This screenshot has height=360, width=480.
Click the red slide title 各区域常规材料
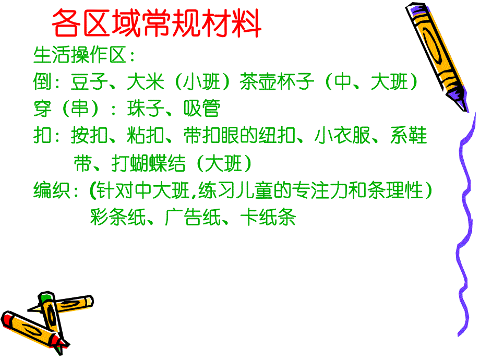(x=157, y=23)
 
